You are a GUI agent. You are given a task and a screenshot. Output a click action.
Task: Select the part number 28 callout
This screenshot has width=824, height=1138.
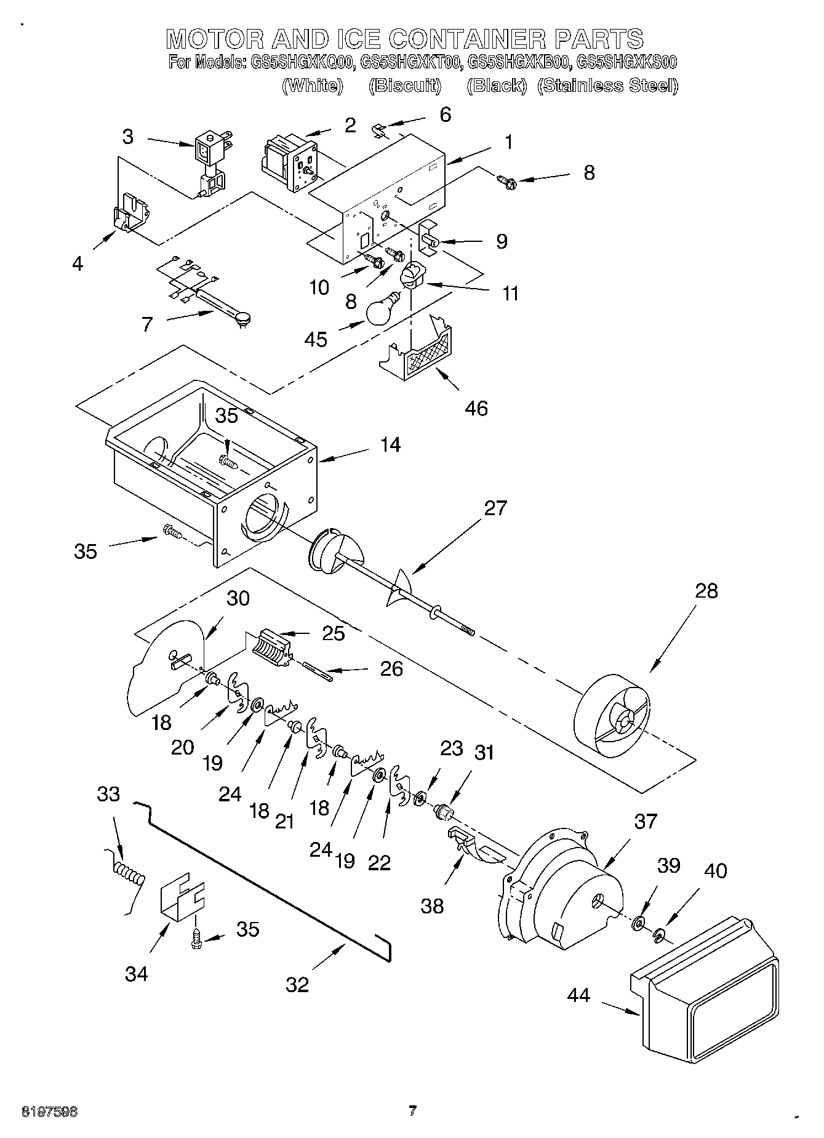click(x=706, y=591)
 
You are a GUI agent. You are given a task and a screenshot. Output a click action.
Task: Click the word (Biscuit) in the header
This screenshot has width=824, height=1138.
click(x=405, y=86)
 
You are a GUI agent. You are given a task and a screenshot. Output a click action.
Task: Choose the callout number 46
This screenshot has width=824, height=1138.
click(x=476, y=408)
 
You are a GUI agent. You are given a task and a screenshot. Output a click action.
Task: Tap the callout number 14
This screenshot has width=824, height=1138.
click(x=390, y=444)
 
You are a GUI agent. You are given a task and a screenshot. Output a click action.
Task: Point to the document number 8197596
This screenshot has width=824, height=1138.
click(x=49, y=1112)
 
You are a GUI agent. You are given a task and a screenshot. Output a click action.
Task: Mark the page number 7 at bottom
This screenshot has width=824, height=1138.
click(x=412, y=1111)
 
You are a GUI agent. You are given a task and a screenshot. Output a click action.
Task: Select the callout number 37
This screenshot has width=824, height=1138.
click(x=646, y=820)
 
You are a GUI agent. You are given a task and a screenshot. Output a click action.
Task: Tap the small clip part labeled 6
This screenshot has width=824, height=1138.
click(x=380, y=130)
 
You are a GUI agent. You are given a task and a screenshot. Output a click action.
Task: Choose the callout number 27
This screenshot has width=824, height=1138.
click(x=495, y=508)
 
